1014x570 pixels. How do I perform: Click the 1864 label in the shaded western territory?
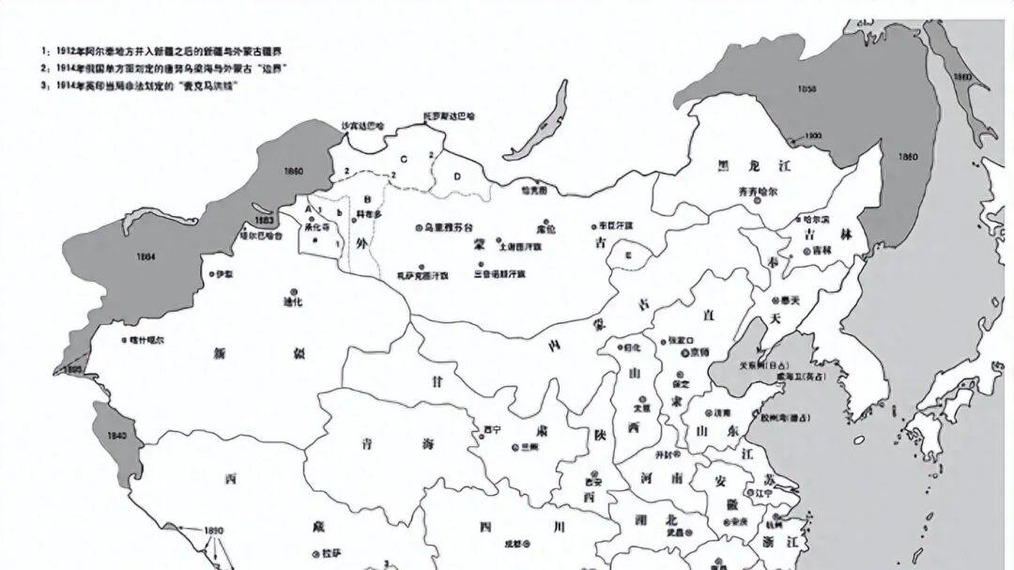tap(145, 255)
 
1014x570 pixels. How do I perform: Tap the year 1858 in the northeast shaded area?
tap(807, 89)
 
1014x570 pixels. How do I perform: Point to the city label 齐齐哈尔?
tap(758, 191)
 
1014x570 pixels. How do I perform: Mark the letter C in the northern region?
tap(403, 160)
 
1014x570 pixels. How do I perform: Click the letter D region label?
tap(457, 176)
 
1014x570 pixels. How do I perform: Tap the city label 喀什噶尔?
tap(148, 339)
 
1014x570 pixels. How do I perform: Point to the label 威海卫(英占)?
tap(795, 377)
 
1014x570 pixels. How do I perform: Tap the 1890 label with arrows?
tap(213, 531)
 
